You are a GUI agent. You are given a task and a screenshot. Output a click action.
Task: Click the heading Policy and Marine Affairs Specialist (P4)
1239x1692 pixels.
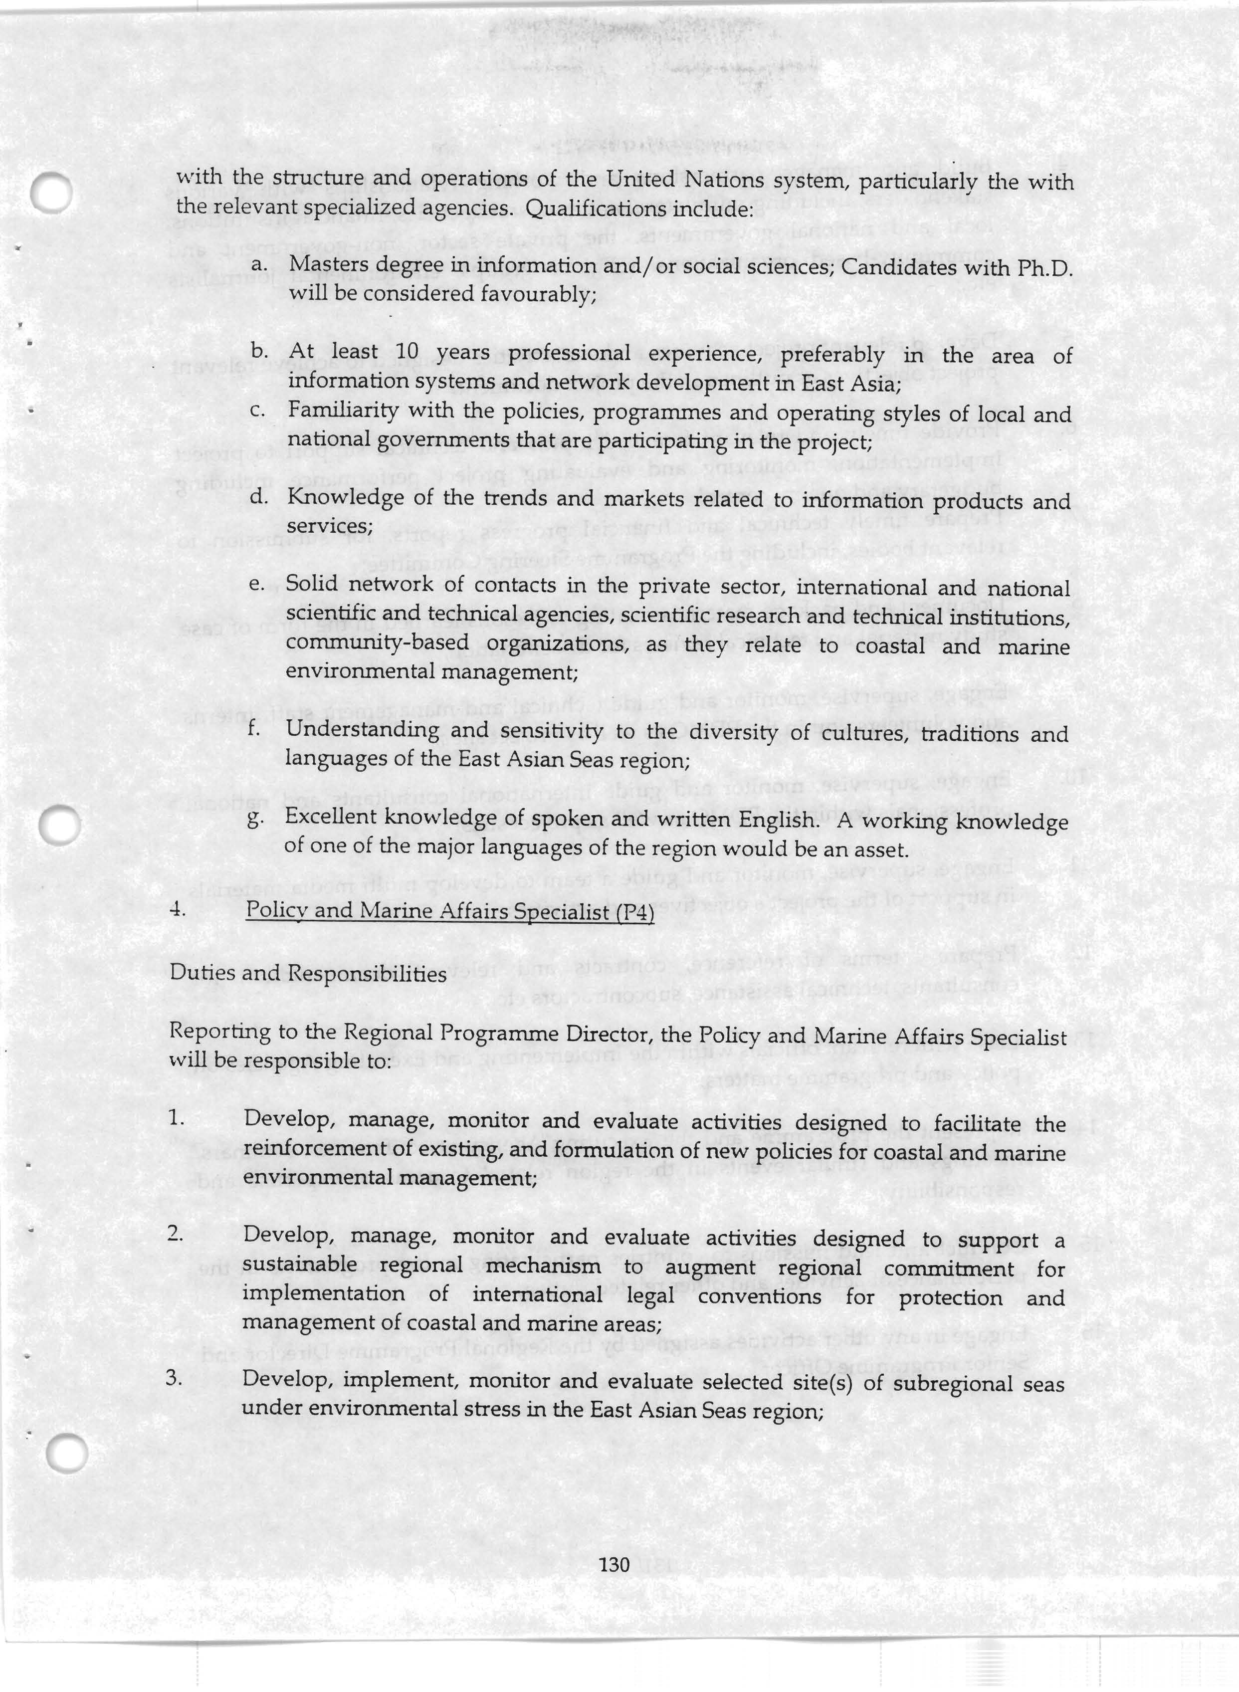[x=450, y=911]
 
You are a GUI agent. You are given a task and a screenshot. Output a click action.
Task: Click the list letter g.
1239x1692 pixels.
[x=255, y=819]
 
